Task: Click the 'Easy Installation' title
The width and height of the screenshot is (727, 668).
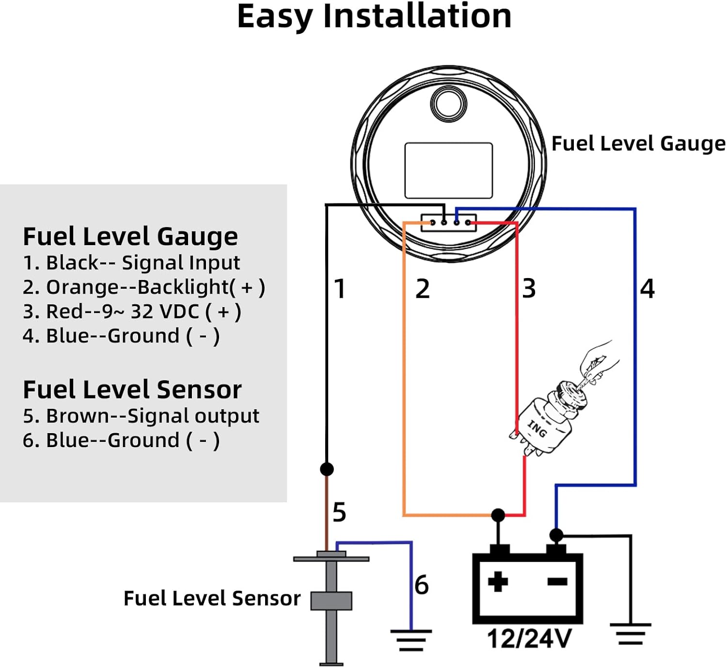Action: point(374,17)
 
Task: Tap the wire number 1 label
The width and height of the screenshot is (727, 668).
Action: point(340,289)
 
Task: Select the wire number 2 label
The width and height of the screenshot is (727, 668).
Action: point(422,289)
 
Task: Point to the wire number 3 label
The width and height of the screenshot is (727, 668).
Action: point(529,289)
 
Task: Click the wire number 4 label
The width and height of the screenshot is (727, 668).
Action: point(647,289)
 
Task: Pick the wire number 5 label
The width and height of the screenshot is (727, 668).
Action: point(339,512)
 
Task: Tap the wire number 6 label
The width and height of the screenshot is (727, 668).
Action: point(422,585)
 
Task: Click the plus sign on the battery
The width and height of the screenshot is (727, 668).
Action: point(498,581)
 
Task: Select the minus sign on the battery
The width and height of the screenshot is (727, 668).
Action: point(557,581)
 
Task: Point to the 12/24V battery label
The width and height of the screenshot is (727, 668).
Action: point(529,638)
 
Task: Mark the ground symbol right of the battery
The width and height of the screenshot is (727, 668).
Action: point(631,634)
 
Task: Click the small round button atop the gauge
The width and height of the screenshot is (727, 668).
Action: point(449,104)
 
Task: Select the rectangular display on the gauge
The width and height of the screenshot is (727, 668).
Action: point(449,171)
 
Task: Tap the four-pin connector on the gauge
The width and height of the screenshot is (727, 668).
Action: point(449,223)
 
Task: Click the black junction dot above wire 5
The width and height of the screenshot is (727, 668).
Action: point(327,469)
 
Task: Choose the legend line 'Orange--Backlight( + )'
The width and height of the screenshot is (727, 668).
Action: point(144,287)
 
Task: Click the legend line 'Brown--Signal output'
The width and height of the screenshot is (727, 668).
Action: point(141,416)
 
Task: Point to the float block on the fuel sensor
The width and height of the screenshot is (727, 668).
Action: point(331,601)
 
